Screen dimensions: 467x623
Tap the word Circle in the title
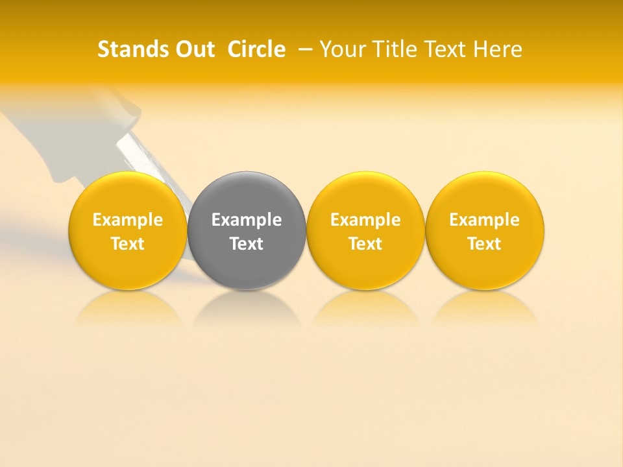[256, 49]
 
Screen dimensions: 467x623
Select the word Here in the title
[498, 49]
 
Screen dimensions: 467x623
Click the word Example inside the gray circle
[247, 220]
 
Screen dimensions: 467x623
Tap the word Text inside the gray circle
[247, 244]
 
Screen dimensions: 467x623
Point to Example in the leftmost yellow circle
[127, 220]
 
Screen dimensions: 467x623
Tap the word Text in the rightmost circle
[485, 244]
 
